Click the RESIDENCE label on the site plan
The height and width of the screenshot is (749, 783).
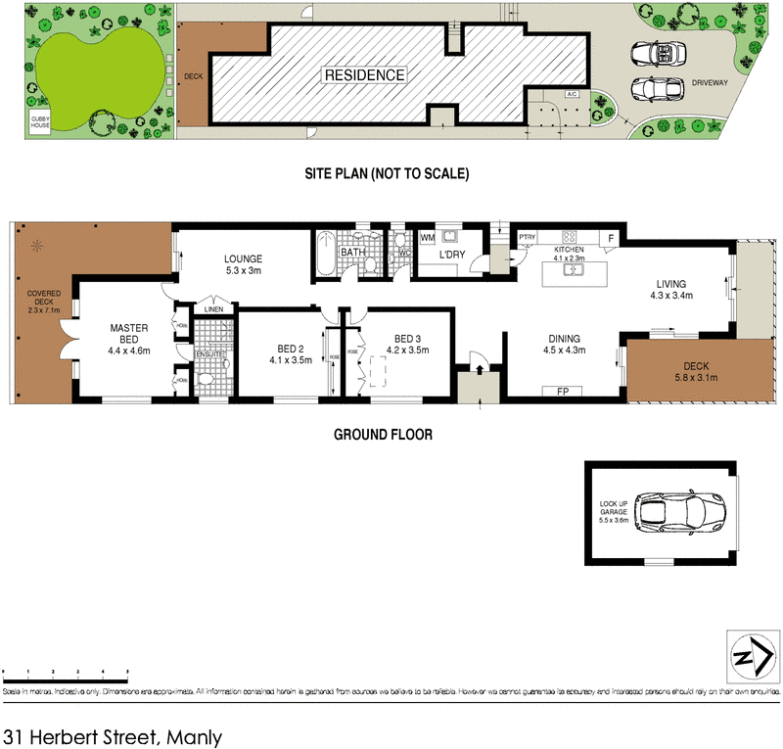pos(364,74)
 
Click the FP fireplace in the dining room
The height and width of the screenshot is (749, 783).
pos(563,392)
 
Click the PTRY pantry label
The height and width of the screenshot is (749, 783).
pos(528,237)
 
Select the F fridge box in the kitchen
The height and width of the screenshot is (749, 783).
pos(611,237)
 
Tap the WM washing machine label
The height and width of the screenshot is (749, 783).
pos(427,238)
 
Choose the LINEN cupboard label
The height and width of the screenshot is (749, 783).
pos(212,309)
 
